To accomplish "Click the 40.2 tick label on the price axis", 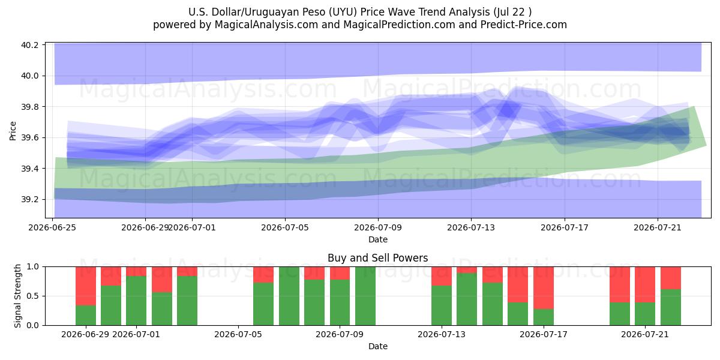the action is coord(29,44).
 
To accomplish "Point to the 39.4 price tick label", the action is coord(29,169).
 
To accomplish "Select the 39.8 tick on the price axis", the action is coord(29,107).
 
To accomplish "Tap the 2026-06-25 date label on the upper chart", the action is coord(52,227).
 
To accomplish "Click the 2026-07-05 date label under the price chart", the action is coord(285,227).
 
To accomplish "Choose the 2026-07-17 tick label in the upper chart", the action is coord(565,227).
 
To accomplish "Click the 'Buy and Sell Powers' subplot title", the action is coord(377,258).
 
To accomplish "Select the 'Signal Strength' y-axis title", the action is coord(17,296).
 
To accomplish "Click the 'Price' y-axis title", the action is coord(13,131).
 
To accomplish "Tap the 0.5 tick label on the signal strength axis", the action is coord(32,296).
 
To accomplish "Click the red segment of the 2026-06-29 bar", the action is coord(86,286).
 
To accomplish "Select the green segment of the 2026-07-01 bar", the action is coord(136,301).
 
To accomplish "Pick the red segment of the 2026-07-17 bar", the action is coord(544,287).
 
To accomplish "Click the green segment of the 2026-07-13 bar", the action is coord(442,305).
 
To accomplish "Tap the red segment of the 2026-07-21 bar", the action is coord(645,284).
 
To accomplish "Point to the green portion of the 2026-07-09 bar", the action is coord(340,302).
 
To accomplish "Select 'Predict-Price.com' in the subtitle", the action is coord(524,25).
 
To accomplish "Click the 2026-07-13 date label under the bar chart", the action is coord(442,334).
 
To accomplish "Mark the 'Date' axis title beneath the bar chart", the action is coord(377,346).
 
